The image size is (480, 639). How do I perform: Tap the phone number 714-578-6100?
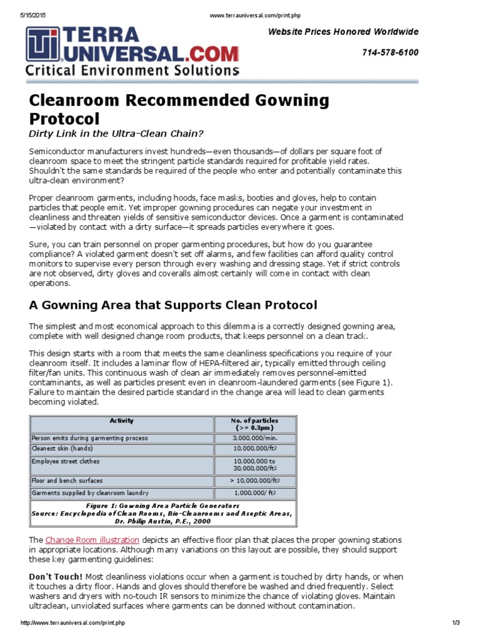[390, 52]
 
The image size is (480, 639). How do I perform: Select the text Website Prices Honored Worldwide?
[343, 32]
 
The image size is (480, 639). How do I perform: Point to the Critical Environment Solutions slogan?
[131, 71]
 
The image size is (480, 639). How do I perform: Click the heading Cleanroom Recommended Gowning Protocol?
[179, 109]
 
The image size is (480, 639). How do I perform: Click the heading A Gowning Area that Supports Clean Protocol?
[173, 305]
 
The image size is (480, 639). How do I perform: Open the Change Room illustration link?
[92, 539]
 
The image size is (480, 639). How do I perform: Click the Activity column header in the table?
[121, 421]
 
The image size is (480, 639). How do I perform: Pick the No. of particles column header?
[257, 424]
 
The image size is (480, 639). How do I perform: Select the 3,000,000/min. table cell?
[257, 438]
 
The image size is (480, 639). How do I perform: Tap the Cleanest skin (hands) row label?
[62, 448]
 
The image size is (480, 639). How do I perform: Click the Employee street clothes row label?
[66, 461]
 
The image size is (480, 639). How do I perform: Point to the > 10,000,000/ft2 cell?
[257, 480]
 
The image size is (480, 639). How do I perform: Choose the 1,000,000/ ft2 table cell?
[257, 492]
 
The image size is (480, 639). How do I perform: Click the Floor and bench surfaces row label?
[67, 480]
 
